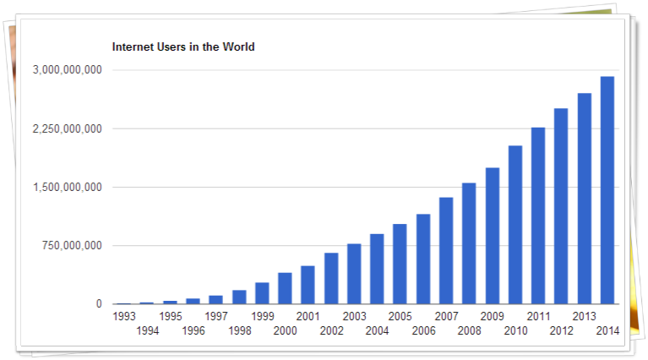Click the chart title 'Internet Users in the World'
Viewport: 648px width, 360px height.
tap(183, 46)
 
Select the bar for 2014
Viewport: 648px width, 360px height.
tap(607, 190)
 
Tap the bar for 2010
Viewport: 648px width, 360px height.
tap(515, 225)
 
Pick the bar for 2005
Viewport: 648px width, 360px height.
tap(400, 265)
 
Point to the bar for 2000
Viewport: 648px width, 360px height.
tap(285, 288)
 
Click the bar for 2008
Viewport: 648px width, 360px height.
tap(469, 243)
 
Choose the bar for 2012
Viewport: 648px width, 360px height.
tap(561, 206)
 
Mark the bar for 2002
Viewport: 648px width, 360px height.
tap(331, 279)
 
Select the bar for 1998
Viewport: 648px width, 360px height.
tap(239, 297)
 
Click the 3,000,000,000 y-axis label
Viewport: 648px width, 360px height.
tap(68, 70)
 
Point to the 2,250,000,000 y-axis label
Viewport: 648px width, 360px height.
tap(68, 129)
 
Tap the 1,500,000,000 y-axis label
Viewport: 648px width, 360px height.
tap(68, 188)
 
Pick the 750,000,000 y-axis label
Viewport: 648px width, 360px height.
tap(72, 246)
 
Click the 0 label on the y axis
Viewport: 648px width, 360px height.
tap(99, 303)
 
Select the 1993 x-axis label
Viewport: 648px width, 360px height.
tap(124, 317)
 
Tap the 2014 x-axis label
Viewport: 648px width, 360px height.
tap(607, 330)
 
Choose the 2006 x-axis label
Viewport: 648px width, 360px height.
tap(423, 330)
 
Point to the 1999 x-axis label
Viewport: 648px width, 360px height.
tap(263, 317)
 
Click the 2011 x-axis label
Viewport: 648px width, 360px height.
tap(538, 317)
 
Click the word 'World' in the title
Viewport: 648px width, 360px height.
tap(238, 46)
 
